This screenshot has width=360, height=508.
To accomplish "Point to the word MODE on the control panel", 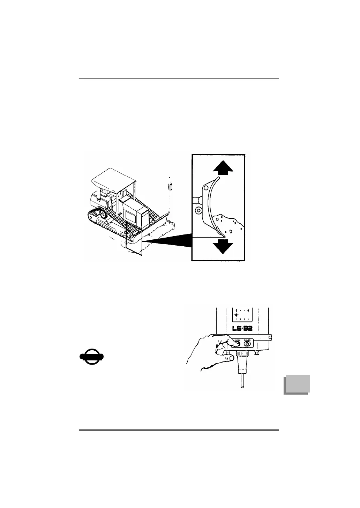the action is (238, 340).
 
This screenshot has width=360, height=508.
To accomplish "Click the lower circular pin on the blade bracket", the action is (198, 211).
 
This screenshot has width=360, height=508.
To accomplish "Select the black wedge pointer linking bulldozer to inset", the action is (167, 241).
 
